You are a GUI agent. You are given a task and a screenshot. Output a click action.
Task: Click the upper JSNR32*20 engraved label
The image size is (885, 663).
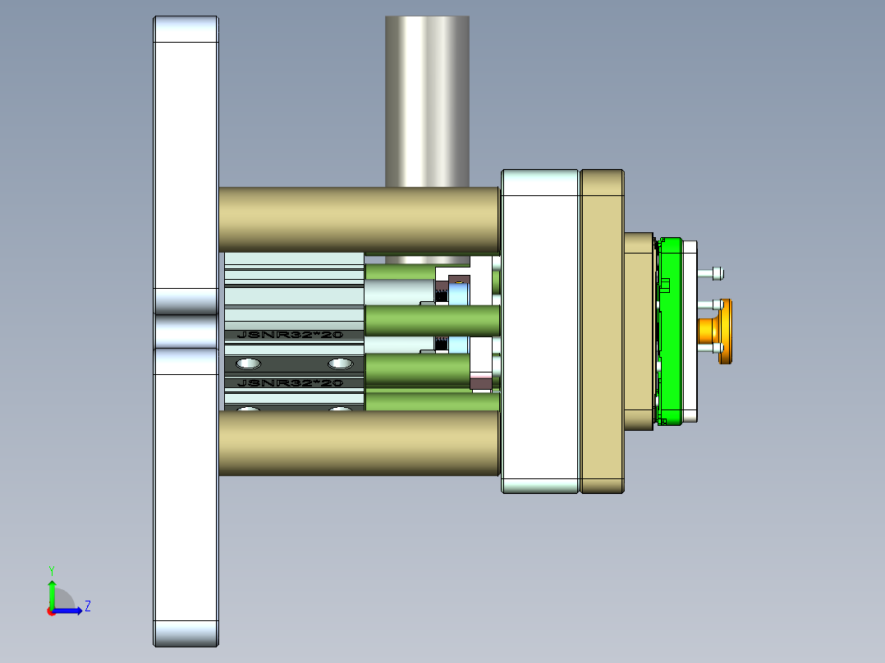[x=288, y=335]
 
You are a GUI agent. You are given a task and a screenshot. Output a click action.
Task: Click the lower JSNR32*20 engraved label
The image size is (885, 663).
[x=288, y=383]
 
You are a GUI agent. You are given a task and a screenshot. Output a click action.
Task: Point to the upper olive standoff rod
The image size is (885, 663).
[x=359, y=219]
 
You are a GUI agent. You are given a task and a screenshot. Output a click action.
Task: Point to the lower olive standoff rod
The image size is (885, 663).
[x=359, y=443]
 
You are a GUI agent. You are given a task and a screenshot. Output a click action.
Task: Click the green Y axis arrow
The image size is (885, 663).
[x=52, y=592]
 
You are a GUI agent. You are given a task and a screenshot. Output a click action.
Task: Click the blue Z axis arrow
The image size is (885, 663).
[x=71, y=610]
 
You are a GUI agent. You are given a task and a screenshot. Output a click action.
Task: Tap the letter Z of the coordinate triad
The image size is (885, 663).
[x=88, y=606]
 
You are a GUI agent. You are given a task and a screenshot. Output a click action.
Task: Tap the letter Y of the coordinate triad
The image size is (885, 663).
[x=51, y=569]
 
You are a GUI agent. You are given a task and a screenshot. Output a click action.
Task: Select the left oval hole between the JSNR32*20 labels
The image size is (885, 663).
[x=248, y=364]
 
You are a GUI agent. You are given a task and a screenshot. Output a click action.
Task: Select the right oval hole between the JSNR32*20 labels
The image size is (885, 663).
[x=339, y=364]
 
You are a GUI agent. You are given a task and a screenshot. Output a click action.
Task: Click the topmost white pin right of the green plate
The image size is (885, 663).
[x=713, y=272]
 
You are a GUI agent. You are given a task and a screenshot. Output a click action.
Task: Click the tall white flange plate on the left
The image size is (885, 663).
[x=186, y=492]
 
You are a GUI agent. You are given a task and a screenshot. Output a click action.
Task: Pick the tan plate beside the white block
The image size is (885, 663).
[x=603, y=331]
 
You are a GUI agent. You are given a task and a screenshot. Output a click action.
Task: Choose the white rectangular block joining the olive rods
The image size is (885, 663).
[x=540, y=331]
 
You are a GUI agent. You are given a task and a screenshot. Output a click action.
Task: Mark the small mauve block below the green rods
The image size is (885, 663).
[x=481, y=381]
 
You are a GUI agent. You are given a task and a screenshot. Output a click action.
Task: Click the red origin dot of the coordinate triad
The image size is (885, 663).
[x=51, y=610]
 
